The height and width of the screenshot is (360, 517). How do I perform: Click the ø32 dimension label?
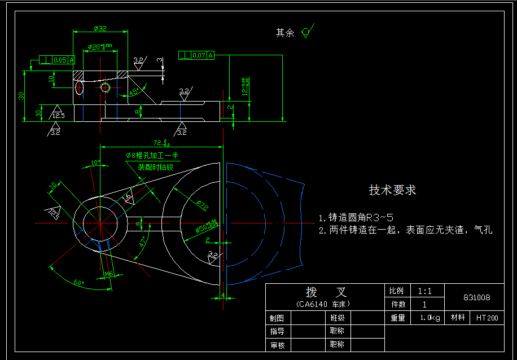tap(100, 28)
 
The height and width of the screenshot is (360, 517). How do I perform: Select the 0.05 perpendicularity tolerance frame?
tap(56, 60)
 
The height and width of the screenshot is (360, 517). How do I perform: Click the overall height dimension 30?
tap(21, 95)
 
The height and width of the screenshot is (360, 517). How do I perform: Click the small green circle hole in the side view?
tap(105, 87)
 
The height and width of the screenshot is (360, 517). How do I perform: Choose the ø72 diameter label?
tap(202, 205)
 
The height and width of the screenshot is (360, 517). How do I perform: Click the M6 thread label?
tap(109, 274)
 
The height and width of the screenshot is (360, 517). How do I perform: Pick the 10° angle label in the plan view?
tap(95, 163)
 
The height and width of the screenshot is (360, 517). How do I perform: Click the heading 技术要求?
tap(392, 190)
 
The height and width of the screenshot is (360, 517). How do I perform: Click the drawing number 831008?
tap(476, 297)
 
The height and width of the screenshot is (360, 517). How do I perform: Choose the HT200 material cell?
tap(487, 318)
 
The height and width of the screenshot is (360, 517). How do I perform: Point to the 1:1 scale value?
tap(424, 292)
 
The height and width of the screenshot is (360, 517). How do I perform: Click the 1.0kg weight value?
tap(430, 318)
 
